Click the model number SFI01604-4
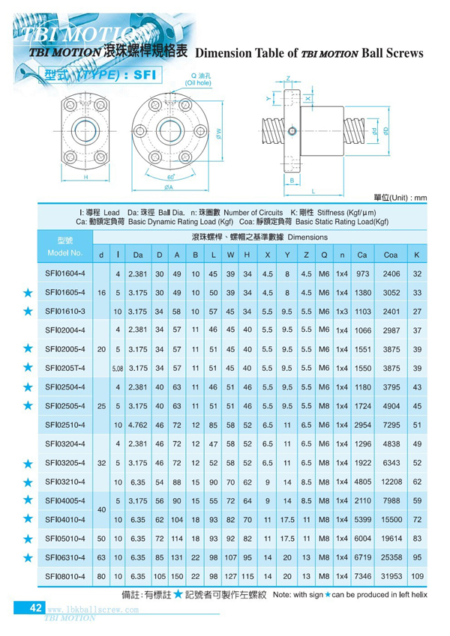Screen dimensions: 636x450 (x=66, y=273)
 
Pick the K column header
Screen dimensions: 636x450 (x=417, y=255)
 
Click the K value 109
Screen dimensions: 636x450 (x=417, y=576)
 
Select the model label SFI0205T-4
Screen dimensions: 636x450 (x=66, y=368)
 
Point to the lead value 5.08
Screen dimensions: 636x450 (x=118, y=368)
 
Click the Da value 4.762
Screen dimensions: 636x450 (x=138, y=425)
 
